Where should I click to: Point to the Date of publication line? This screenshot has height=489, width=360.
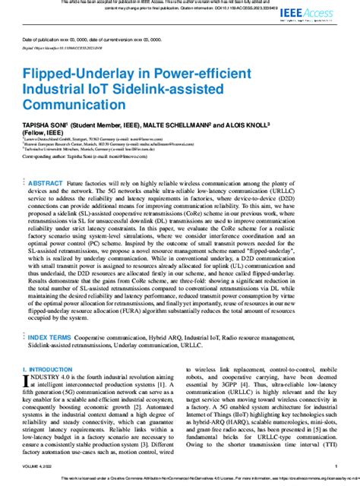(x=91, y=39)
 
